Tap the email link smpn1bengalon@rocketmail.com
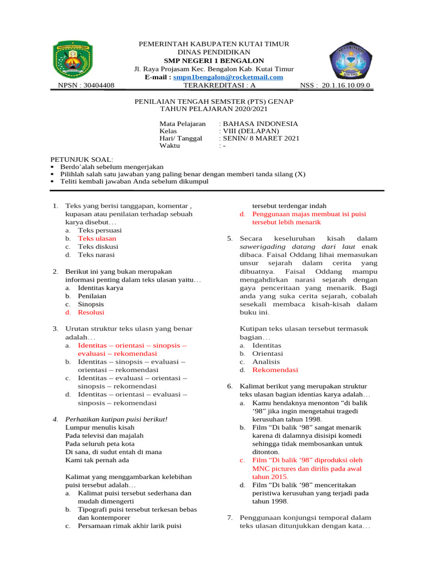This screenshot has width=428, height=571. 228,78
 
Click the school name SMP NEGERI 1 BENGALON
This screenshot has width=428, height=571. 213,60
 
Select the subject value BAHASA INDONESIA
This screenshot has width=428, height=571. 260,124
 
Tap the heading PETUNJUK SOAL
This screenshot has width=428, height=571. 81,159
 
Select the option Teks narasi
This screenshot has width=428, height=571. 96,255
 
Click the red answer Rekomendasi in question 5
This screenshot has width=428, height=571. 275,370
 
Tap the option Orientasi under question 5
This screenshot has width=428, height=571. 267,354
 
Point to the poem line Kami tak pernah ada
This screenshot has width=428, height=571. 97,460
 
